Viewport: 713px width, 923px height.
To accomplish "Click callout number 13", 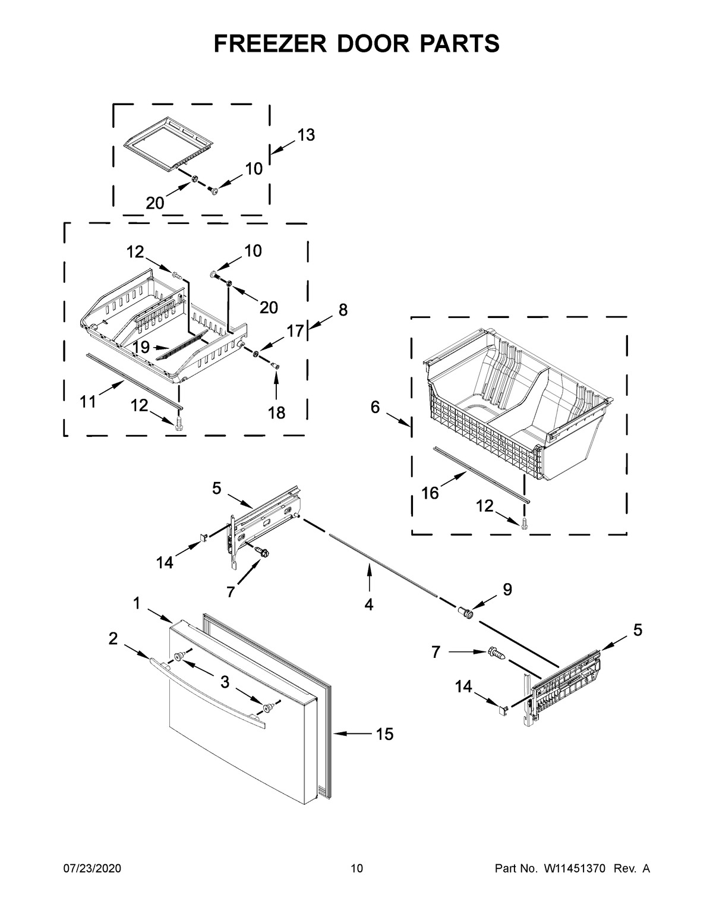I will point(305,136).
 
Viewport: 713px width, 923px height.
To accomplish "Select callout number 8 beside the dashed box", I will point(343,310).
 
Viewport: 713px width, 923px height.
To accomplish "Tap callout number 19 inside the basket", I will point(141,347).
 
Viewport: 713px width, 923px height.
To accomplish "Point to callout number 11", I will point(88,403).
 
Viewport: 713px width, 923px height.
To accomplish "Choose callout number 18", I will point(276,412).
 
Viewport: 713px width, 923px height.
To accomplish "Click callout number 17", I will point(295,330).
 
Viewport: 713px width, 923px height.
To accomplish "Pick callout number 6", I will point(375,407).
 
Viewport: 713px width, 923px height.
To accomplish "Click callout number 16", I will point(430,493).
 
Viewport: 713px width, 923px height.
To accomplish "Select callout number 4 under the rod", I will point(369,605).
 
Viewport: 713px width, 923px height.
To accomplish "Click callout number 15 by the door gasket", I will point(384,735).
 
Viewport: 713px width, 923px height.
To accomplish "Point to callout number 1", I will point(137,604).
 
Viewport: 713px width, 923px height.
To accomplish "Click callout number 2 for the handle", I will point(113,638).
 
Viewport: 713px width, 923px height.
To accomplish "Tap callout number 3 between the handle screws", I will point(225,682).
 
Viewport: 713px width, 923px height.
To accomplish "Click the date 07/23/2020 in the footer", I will point(92,869).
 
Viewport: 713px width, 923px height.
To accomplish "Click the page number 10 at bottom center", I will point(356,869).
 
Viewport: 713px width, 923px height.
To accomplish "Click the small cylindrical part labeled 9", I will point(465,612).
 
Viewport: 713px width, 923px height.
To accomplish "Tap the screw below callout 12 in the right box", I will point(523,523).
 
